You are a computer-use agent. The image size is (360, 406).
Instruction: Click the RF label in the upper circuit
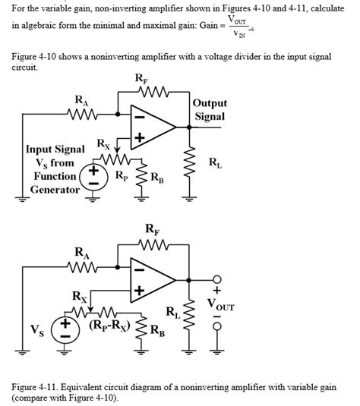(141, 78)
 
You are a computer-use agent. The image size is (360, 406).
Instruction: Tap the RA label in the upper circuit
(80, 100)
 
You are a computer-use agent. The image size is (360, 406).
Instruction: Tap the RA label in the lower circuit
(80, 252)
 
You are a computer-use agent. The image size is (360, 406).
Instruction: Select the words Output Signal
(210, 109)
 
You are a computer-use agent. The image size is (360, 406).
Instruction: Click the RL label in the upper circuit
(216, 162)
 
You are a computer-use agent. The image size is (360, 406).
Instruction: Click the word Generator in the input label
(55, 190)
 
